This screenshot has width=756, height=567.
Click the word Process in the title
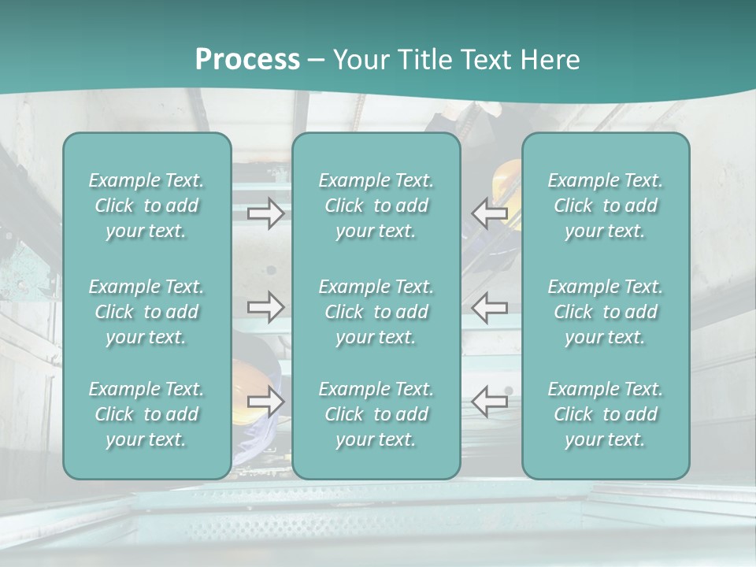click(247, 60)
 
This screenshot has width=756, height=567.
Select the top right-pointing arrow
click(266, 213)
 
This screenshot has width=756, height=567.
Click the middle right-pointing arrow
click(266, 307)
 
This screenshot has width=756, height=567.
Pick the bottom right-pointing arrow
click(266, 402)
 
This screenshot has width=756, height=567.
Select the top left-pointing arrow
click(490, 213)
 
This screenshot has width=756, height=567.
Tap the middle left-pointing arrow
click(490, 307)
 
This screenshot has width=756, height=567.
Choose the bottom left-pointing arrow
click(490, 402)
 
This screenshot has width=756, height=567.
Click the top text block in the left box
click(146, 206)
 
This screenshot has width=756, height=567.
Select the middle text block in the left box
click(146, 312)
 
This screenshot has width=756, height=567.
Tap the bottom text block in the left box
click(146, 414)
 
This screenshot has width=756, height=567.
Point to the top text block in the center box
click(376, 206)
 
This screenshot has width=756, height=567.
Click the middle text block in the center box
click(376, 312)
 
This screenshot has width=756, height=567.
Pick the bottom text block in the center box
click(376, 414)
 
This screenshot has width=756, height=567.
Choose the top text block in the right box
click(606, 206)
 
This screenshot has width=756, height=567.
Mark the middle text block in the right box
click(606, 312)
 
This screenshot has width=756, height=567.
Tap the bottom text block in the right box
click(606, 414)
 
